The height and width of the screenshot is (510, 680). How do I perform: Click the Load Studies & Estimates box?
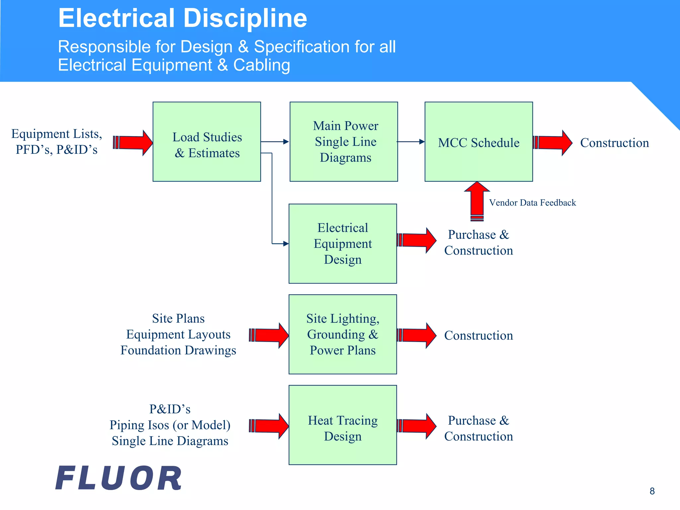(x=207, y=142)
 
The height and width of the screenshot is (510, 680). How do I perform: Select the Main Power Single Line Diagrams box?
(x=344, y=142)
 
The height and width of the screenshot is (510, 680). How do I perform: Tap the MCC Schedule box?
(x=478, y=142)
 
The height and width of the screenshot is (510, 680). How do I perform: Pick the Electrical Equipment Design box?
(x=343, y=244)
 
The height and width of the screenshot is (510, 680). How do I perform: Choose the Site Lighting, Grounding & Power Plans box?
(x=343, y=334)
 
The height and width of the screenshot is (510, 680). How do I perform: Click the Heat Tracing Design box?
(x=343, y=425)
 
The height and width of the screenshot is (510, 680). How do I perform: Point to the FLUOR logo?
(x=119, y=478)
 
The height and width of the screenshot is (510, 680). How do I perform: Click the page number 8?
(x=652, y=491)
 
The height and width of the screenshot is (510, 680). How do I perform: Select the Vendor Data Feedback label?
(x=532, y=203)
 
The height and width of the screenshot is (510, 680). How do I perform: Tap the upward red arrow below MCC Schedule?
(x=477, y=201)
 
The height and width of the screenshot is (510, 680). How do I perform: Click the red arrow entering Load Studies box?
(x=133, y=143)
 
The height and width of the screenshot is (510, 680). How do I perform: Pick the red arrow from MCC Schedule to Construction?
(x=552, y=143)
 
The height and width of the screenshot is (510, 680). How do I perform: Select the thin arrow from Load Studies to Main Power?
(x=275, y=142)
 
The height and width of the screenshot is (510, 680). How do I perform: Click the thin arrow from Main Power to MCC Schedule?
(x=411, y=142)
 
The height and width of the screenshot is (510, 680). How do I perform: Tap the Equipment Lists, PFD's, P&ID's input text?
(x=57, y=142)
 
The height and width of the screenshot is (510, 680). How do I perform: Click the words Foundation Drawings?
(x=178, y=351)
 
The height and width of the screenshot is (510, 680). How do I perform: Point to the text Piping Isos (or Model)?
(x=170, y=425)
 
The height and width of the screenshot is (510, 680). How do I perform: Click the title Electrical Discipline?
(x=183, y=18)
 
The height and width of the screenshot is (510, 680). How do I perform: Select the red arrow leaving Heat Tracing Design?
(x=417, y=426)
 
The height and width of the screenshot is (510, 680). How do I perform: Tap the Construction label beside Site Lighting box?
(x=478, y=336)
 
